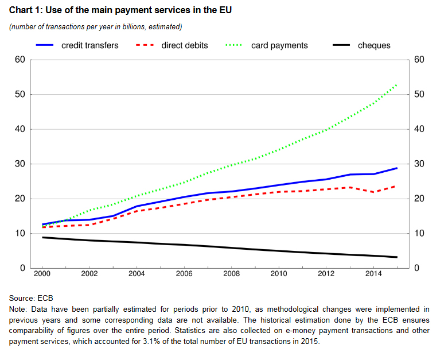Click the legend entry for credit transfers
tap(89, 45)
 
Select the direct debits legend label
tap(184, 45)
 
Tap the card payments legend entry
tap(279, 45)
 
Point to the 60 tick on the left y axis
tap(21, 60)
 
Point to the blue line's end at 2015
tap(396, 168)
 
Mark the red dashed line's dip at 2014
tap(373, 192)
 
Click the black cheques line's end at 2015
tap(396, 257)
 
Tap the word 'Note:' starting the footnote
tap(20, 309)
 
